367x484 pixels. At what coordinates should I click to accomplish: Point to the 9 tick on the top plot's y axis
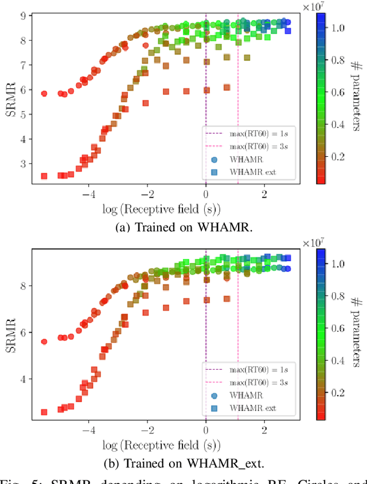click(x=24, y=16)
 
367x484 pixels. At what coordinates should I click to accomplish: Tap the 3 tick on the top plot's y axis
click(x=24, y=164)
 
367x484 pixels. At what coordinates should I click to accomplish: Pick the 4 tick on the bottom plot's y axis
click(x=24, y=379)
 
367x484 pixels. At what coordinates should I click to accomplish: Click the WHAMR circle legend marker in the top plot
click(x=213, y=160)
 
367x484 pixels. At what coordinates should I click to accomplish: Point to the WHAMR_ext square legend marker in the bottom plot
click(x=213, y=408)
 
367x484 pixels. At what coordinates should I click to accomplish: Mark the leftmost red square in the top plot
click(x=44, y=176)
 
